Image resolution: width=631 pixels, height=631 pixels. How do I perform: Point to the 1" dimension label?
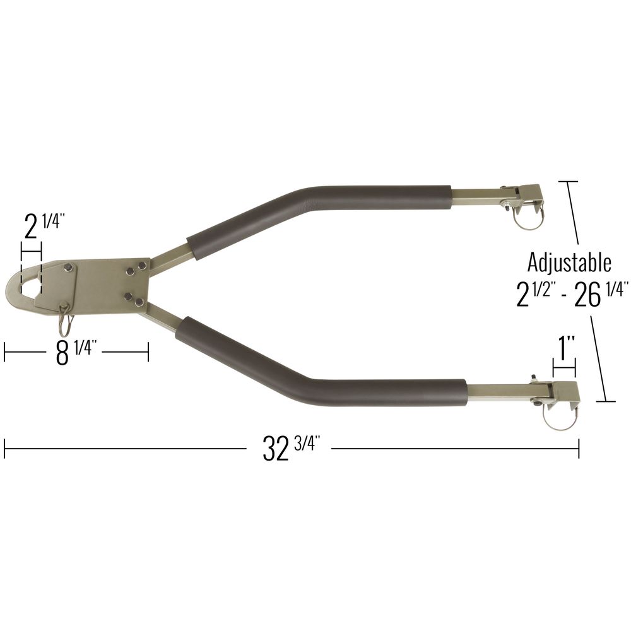coord(565,348)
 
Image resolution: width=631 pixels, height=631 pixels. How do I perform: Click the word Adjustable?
coord(569,262)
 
